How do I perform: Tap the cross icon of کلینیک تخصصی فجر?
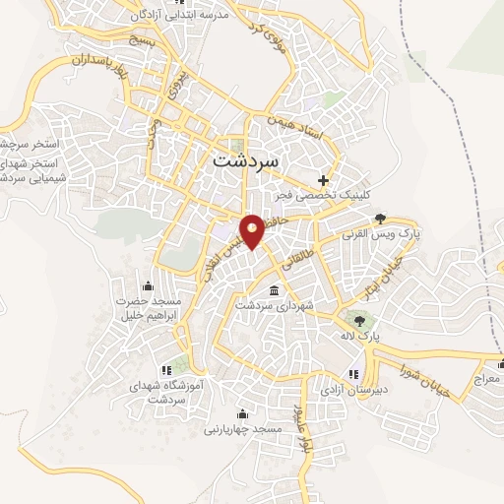[x=323, y=179]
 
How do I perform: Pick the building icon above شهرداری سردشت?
[x=274, y=291]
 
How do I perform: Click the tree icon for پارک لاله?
[x=358, y=320]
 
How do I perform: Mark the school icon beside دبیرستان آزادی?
[x=351, y=374]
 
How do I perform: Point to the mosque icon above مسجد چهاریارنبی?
[x=242, y=413]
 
